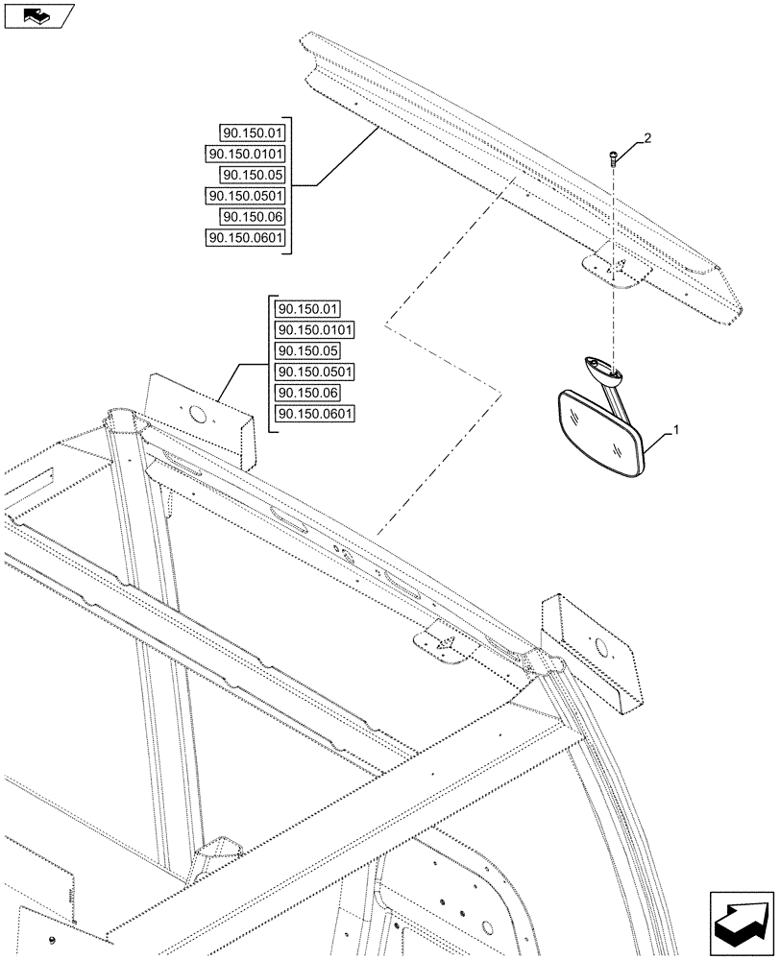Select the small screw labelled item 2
(x=612, y=160)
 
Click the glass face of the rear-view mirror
(x=597, y=429)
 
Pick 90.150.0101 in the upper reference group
(x=246, y=154)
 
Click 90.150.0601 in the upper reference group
(x=246, y=238)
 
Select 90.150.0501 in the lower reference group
(x=314, y=372)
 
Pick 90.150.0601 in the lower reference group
(x=314, y=415)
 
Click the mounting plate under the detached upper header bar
(x=620, y=270)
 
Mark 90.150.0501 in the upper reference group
(x=246, y=196)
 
